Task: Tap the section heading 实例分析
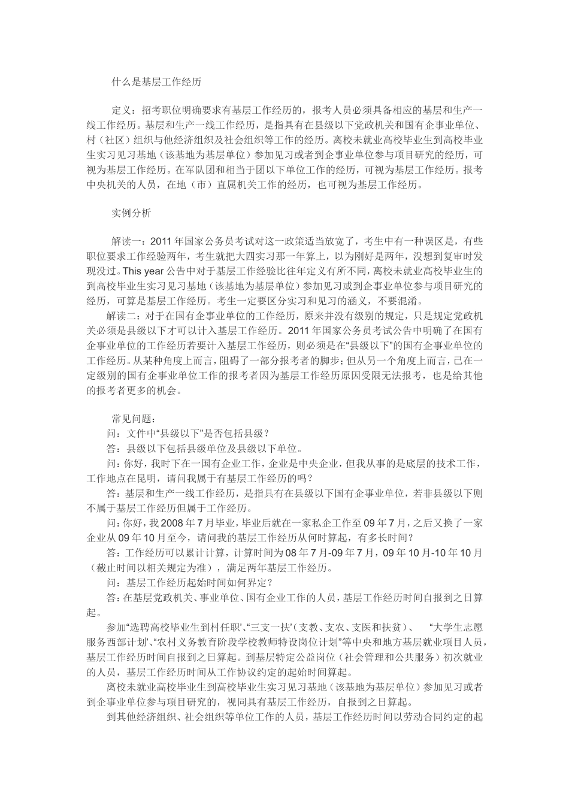131,213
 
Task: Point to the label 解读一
126,241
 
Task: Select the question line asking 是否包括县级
188,433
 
